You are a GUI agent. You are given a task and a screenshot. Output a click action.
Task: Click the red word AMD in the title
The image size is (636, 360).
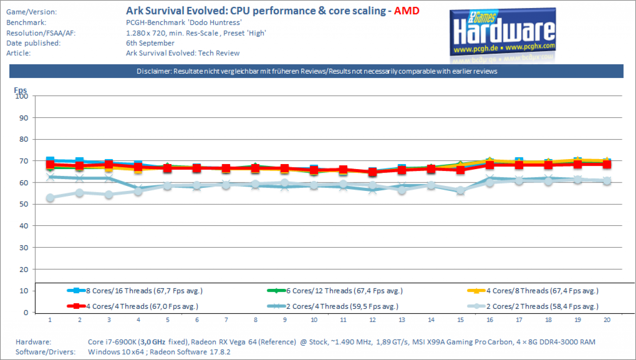[406, 11]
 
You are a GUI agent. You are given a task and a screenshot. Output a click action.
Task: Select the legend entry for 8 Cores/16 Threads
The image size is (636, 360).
[135, 291]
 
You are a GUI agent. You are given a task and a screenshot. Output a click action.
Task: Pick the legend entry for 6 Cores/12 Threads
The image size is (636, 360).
[335, 291]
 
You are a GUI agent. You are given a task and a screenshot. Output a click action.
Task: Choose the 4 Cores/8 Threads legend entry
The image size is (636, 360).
[533, 291]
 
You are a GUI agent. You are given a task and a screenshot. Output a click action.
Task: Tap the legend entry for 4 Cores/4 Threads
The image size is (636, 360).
[133, 306]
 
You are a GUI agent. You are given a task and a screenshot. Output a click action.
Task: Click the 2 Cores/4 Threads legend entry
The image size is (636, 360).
[333, 306]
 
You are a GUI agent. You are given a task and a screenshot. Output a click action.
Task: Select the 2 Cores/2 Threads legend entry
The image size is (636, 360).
[533, 306]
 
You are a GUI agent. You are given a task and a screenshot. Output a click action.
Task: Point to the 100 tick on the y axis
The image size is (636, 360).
[22, 96]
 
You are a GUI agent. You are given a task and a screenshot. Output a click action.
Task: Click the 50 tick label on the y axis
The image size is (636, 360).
[24, 204]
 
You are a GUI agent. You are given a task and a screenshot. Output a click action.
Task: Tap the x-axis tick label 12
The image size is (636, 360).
[373, 320]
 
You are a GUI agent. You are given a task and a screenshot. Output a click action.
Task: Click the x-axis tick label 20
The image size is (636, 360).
[607, 320]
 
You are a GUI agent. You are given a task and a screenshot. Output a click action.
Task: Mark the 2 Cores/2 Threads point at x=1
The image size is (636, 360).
[50, 198]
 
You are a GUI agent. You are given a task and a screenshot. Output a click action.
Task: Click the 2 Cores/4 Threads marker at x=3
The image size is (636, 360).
[109, 178]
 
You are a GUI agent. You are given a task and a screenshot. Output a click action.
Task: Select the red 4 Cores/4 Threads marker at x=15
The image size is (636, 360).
[461, 170]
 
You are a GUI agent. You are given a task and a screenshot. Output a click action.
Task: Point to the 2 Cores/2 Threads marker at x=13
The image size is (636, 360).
[402, 190]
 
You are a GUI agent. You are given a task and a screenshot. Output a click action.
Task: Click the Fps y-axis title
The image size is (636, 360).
[20, 90]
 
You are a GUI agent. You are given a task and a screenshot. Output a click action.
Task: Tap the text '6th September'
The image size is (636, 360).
[150, 43]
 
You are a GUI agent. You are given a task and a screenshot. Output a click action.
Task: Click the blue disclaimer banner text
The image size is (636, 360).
[317, 71]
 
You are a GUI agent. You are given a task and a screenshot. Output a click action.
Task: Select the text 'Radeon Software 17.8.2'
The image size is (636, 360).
[190, 352]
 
